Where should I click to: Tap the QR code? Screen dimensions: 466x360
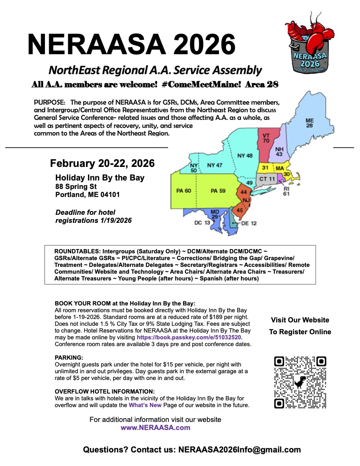(x=300, y=383)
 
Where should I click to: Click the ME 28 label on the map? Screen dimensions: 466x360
(x=310, y=123)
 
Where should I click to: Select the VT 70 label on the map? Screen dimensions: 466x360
(x=266, y=138)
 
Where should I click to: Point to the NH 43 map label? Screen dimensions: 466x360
(x=279, y=152)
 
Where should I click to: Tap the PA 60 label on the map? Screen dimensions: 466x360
(x=183, y=191)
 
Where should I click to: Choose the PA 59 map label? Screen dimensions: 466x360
(x=218, y=191)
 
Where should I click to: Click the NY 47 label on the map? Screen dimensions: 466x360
(x=214, y=165)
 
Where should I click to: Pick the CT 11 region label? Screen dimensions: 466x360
(x=267, y=179)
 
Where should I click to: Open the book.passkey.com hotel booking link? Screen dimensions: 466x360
(x=188, y=338)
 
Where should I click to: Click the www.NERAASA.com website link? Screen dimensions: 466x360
(x=155, y=427)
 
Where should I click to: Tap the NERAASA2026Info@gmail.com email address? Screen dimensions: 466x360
(x=240, y=450)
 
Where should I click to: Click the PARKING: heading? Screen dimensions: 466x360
(x=69, y=358)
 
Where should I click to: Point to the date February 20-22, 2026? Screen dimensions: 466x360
(x=102, y=164)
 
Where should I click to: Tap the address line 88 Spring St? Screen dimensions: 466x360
(x=76, y=186)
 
